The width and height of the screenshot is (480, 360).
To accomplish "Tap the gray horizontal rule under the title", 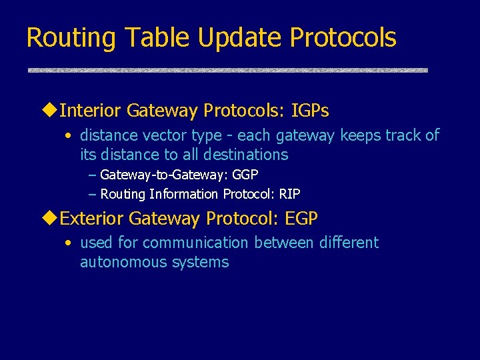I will click(227, 70).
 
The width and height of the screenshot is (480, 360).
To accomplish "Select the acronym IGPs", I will click(310, 110).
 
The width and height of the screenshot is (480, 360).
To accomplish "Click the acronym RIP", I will click(289, 194).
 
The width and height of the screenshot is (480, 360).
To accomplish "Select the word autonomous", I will click(121, 263).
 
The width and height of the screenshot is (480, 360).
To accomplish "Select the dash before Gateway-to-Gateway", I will click(92, 175).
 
